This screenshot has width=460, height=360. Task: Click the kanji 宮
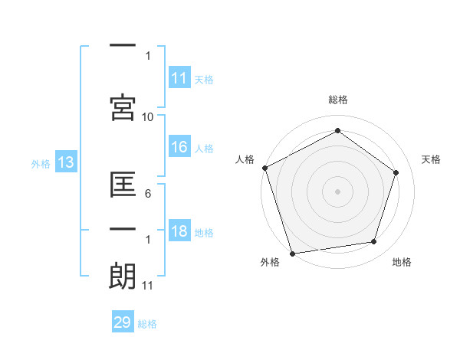tap(123, 107)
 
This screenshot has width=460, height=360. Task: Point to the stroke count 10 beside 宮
tap(148, 116)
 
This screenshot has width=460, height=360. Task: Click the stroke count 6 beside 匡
tap(147, 195)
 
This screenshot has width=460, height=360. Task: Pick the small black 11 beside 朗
tap(147, 286)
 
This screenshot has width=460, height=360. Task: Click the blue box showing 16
tap(179, 148)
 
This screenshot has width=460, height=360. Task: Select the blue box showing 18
tap(179, 232)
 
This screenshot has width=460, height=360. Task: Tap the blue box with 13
tap(64, 162)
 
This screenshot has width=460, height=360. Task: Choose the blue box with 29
tap(123, 322)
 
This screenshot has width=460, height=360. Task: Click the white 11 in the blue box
tap(179, 78)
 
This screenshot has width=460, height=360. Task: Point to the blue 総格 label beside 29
tap(147, 324)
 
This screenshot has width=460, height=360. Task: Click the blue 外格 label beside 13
tap(40, 163)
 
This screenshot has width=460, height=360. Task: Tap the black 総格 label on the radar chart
tap(338, 100)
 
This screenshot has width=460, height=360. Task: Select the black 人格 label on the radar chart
tap(245, 159)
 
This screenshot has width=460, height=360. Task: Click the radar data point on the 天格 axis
tap(396, 172)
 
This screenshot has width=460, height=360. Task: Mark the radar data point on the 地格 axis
tap(374, 242)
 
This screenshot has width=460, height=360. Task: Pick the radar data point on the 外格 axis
tap(291, 252)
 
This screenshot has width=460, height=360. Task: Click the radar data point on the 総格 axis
tap(337, 131)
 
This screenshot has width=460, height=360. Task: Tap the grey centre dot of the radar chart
tap(337, 191)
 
